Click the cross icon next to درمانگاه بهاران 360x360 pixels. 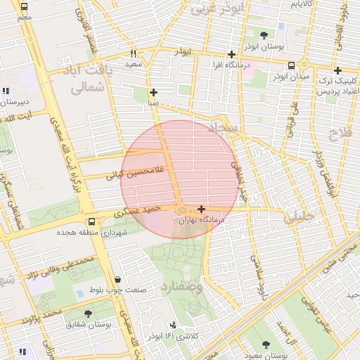coord(202,209)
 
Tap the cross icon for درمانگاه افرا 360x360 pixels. coord(231,55)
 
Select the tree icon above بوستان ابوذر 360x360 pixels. coord(264,34)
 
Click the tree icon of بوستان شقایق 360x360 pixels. coord(88,314)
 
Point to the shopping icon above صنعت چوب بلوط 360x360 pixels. coord(117,279)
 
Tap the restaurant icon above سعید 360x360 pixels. coord(133,53)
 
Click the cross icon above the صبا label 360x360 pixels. coord(153,92)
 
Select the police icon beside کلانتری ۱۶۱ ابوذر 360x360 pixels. coord(173,325)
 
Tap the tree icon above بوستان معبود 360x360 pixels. coord(265,344)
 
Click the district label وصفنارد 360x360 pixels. coord(181,288)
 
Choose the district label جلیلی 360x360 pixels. coord(299,219)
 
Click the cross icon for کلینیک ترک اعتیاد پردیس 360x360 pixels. coord(338,70)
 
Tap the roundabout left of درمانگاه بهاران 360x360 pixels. coord(181,210)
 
